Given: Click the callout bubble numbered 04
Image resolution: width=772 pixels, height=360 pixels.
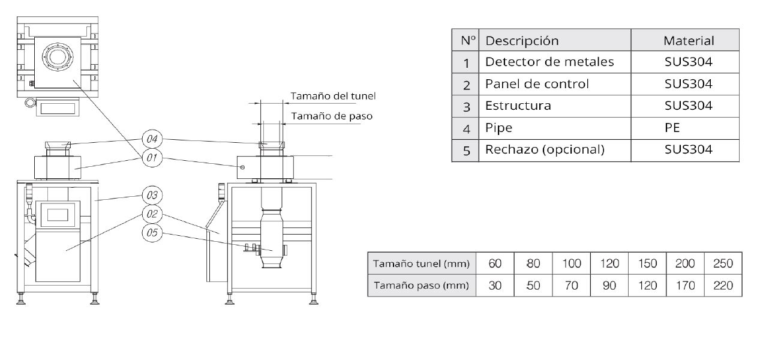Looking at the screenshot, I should coord(152,139).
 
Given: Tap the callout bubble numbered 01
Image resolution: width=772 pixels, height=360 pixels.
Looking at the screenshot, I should coord(152,158).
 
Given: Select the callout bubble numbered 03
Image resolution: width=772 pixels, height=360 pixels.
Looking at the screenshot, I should coord(152,195).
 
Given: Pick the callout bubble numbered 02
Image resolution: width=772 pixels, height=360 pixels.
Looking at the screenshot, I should coord(152,214).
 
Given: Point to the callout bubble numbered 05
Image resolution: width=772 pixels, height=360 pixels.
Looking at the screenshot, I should coord(152,233).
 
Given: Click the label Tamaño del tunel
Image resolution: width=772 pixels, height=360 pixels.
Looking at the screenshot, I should coord(334,96).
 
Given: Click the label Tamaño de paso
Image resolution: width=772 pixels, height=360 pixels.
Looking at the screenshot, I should coord(332,116).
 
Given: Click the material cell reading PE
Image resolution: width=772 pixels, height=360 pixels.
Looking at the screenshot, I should coord(672,128).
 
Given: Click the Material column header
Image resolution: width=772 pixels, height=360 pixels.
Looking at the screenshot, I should coord(688,41).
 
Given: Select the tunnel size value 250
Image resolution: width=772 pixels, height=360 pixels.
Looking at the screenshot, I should coord(723,263).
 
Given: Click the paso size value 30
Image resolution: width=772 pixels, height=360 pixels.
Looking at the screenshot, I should coord(495,286).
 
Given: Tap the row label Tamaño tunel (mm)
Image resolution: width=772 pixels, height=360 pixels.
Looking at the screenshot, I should coord(421,263).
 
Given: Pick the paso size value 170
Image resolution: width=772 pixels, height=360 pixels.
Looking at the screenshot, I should coord(685,286).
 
